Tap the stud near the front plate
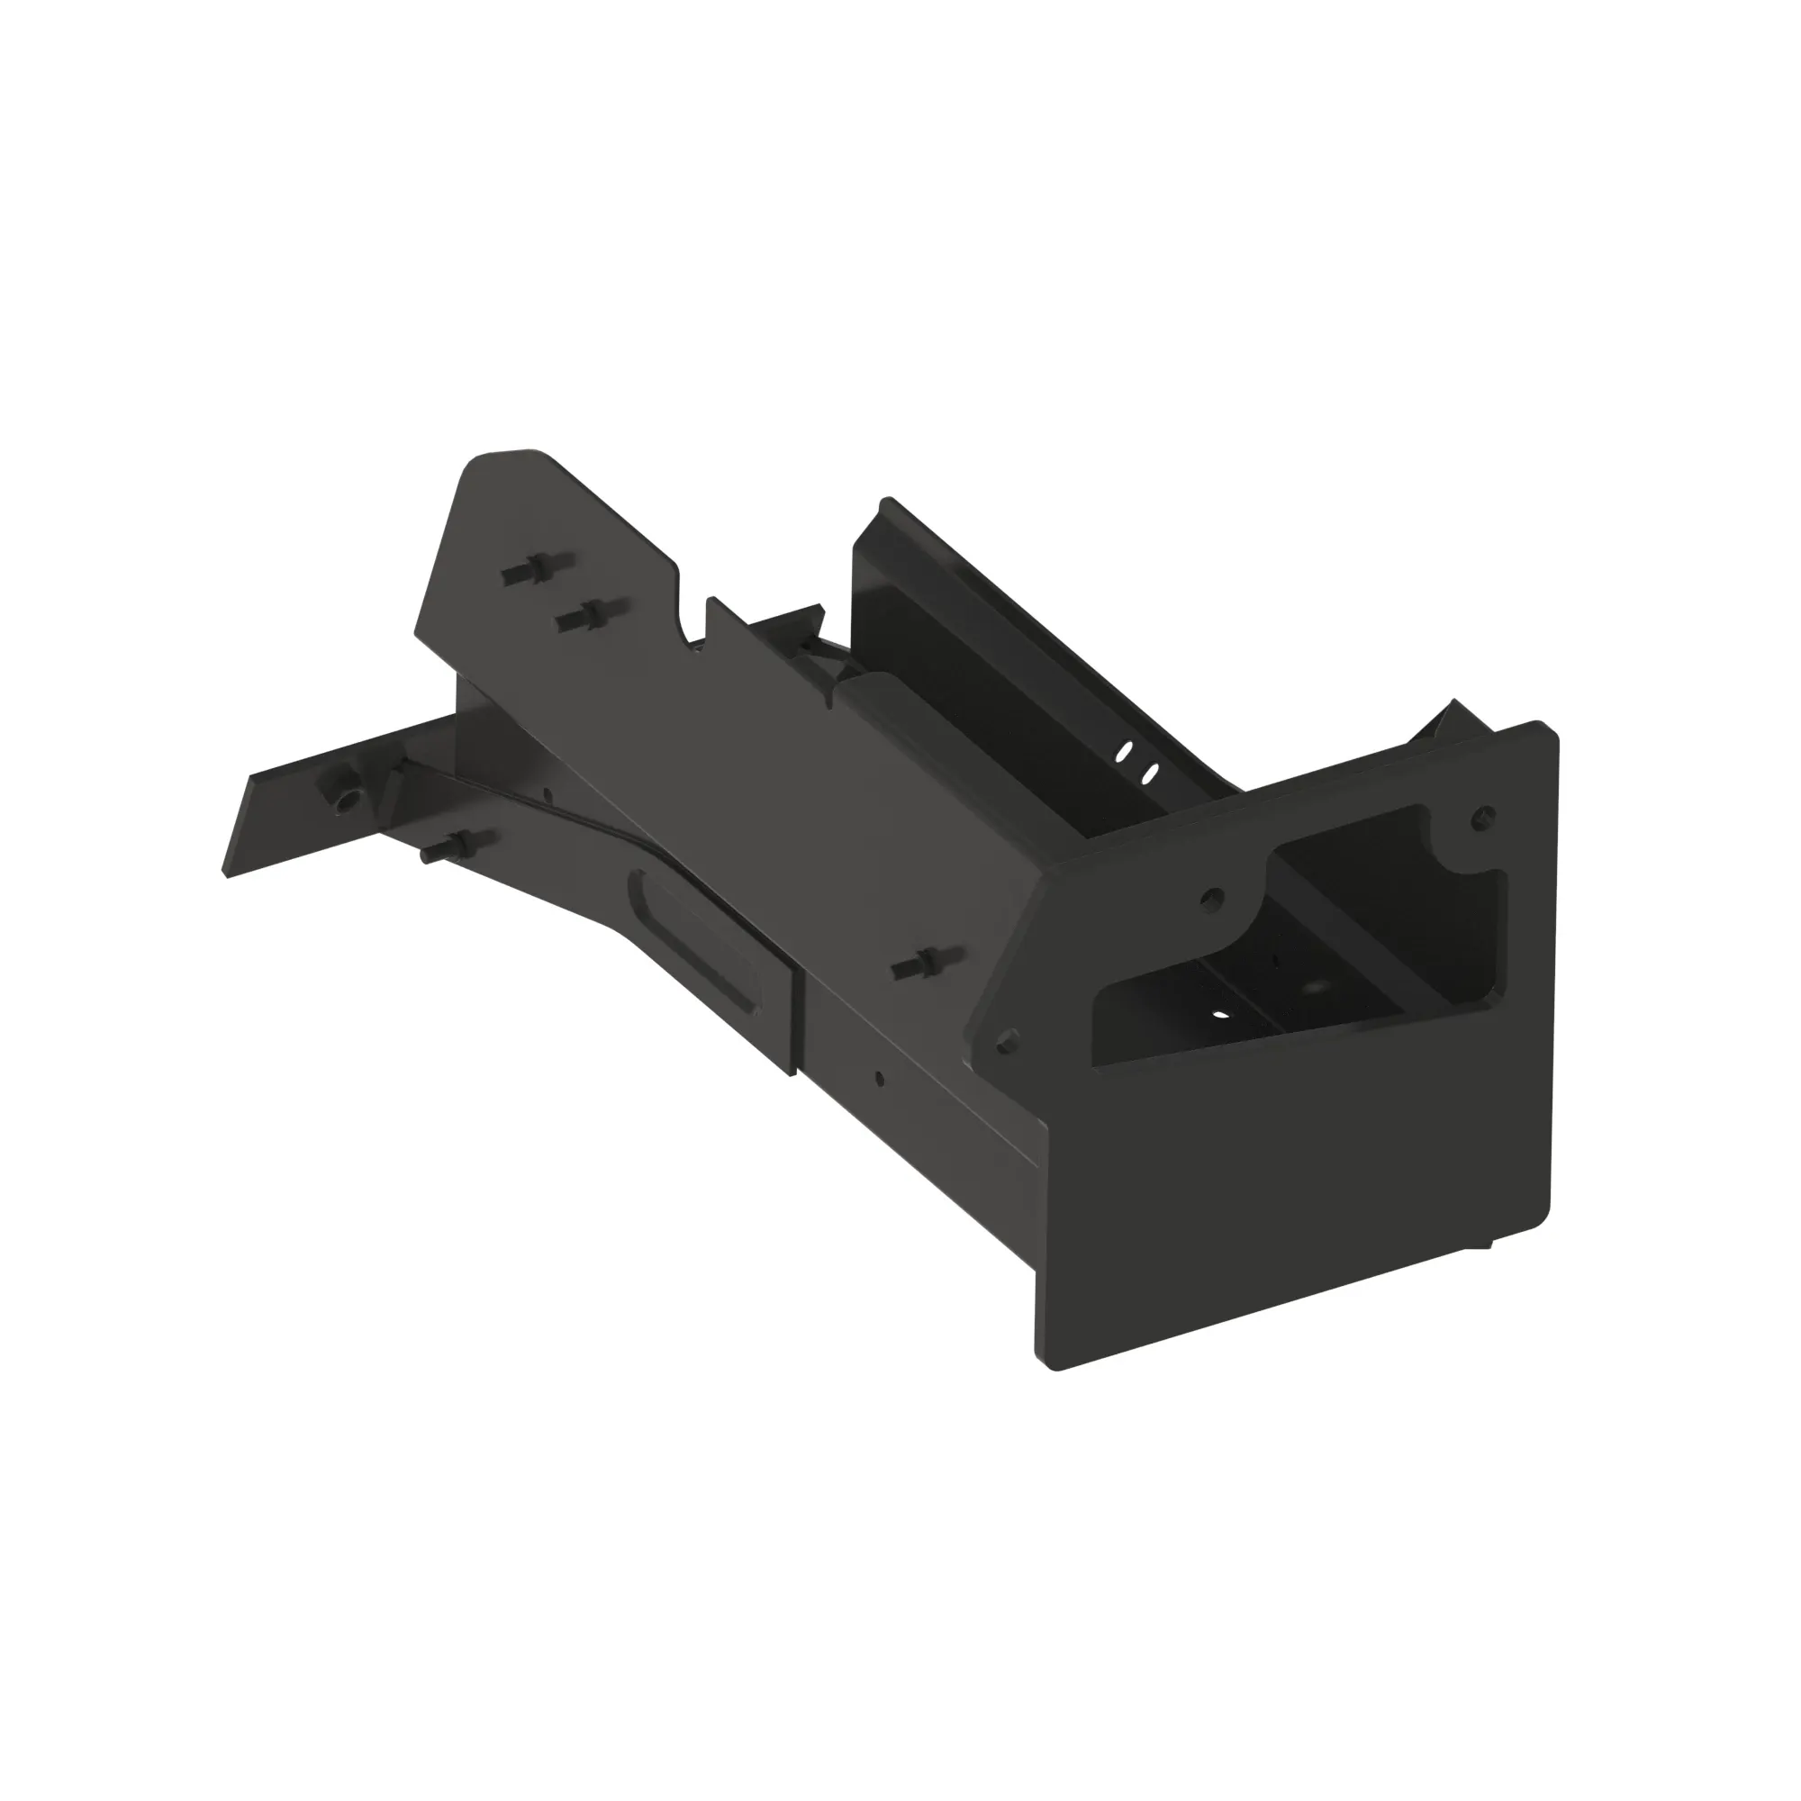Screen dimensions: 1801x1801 [919, 965]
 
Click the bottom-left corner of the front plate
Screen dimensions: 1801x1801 [1052, 1363]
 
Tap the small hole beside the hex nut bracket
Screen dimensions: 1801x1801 [548, 795]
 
